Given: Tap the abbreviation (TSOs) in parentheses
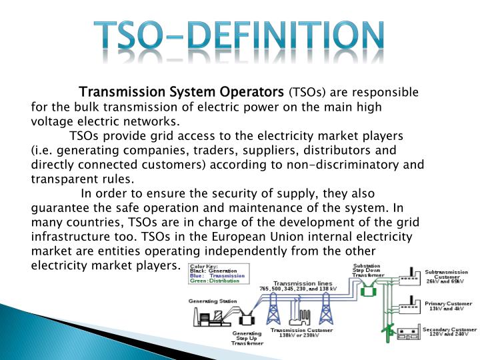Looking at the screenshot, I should (307, 92).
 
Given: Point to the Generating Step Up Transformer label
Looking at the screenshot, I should (247, 338).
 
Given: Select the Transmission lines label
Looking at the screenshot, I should (299, 285).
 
